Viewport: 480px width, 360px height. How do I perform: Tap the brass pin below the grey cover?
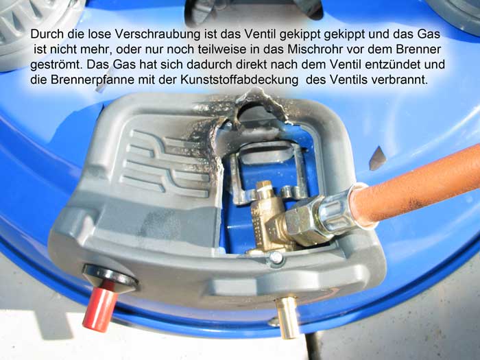pyautogui.click(x=287, y=317)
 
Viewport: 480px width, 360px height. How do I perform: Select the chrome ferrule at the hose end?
pyautogui.click(x=337, y=208)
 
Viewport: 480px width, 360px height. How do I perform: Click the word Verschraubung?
pyautogui.click(x=157, y=34)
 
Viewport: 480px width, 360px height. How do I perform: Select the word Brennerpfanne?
pyautogui.click(x=93, y=80)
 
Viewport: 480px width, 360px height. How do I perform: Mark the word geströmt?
pyautogui.click(x=57, y=65)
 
